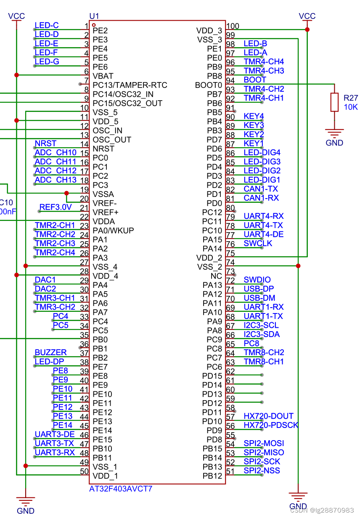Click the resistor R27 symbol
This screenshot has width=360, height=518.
334,102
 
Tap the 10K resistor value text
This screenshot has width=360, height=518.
351,107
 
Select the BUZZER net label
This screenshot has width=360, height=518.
50,353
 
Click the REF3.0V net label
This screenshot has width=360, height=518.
56,207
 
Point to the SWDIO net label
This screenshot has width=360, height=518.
257,280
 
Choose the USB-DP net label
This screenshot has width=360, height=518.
259,289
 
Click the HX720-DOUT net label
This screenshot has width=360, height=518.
268,416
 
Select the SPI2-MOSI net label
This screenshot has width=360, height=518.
263,444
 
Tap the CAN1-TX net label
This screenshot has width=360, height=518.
261,189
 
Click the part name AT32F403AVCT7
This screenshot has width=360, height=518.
120,489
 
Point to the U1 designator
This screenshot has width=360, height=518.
94,16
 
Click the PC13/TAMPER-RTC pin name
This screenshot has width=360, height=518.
130,85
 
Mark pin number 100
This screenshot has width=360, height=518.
233,26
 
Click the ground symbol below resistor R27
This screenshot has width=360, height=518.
334,133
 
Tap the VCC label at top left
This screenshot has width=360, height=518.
16,16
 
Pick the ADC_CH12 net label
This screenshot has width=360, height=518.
56,171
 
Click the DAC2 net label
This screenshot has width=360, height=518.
45,289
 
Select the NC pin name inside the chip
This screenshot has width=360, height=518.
216,276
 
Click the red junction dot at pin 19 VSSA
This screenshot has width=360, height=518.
66,194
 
